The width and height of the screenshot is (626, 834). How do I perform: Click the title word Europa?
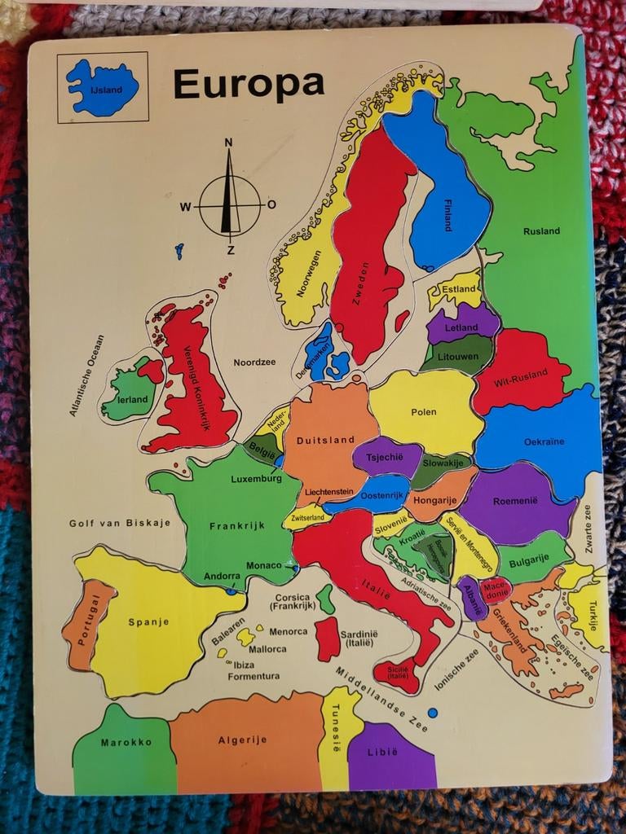click(249, 83)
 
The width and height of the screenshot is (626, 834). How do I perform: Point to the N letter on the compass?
click(229, 143)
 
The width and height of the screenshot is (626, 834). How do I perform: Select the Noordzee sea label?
click(254, 362)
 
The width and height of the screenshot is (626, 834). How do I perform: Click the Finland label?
click(447, 216)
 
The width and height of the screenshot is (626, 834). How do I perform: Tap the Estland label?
click(458, 288)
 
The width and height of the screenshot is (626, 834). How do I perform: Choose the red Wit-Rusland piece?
click(518, 371)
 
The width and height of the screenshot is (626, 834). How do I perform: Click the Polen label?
click(424, 412)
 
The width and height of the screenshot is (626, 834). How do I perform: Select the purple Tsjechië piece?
click(385, 457)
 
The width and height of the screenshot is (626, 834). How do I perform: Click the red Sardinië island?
click(327, 638)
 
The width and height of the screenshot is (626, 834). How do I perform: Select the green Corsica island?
click(325, 599)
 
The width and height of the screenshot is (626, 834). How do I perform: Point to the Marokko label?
click(126, 742)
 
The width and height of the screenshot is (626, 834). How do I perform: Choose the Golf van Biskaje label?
click(120, 523)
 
